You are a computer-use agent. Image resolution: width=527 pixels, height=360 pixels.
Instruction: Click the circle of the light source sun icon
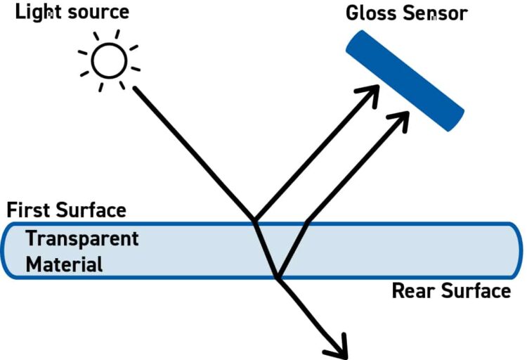[110, 60]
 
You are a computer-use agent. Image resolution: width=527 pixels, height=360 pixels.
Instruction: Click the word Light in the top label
[37, 12]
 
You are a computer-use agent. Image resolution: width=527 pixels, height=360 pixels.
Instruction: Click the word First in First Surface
[27, 210]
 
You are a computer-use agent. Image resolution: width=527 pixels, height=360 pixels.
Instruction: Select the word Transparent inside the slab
[82, 239]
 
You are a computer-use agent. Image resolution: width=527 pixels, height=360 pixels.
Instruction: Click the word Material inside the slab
[64, 264]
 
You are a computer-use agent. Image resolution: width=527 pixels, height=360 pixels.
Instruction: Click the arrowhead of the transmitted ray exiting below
[339, 346]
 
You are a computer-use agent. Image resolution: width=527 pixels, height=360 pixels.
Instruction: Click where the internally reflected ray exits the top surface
[307, 223]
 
